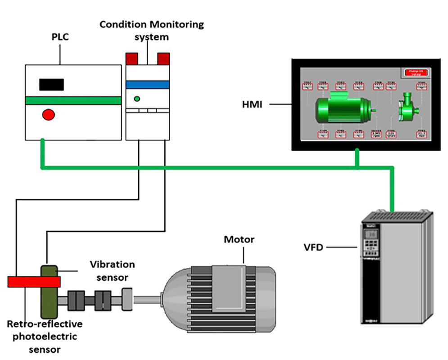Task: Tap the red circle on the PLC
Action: click(48, 114)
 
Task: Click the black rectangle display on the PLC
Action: click(51, 84)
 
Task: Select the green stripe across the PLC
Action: click(73, 100)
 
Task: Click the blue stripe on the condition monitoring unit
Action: click(147, 85)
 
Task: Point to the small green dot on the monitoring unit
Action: click(137, 99)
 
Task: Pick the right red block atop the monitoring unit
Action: click(163, 58)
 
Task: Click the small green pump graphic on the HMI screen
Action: click(408, 105)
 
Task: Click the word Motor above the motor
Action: click(239, 239)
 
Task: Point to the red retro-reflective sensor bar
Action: click(34, 282)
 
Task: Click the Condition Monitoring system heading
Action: click(151, 29)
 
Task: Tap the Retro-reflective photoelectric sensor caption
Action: click(41, 336)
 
